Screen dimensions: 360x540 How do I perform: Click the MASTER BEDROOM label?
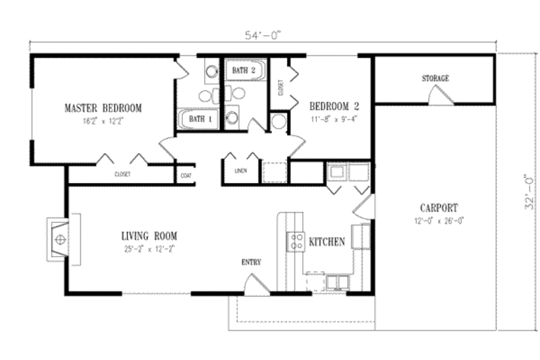tap(103, 108)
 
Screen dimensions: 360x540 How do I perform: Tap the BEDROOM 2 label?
tap(333, 106)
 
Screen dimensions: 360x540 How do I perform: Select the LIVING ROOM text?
tap(149, 236)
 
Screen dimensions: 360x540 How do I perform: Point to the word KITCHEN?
tap(327, 241)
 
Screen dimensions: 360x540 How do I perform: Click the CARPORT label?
tap(438, 208)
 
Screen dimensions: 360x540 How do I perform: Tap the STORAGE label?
tap(435, 79)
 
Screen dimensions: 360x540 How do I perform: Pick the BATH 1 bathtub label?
tap(200, 120)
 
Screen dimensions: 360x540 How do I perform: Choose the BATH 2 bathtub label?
tap(244, 70)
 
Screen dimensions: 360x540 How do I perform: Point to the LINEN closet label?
tap(240, 171)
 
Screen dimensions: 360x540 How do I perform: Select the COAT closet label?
tap(186, 174)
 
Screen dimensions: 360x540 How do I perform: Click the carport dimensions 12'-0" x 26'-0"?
tap(438, 220)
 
